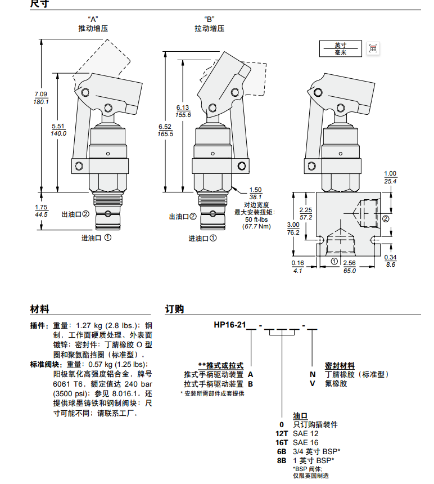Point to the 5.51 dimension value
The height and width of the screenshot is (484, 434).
tap(58, 126)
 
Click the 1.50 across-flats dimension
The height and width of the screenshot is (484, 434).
tap(256, 190)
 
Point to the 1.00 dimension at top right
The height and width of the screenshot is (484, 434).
tap(390, 173)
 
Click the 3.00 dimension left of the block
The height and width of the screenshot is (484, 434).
tap(293, 224)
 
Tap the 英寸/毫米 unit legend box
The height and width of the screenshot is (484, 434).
tap(341, 48)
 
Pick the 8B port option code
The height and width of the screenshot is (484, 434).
tap(282, 460)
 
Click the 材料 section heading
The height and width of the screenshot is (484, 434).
tap(39, 309)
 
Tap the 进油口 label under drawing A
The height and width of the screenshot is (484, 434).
tap(97, 238)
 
